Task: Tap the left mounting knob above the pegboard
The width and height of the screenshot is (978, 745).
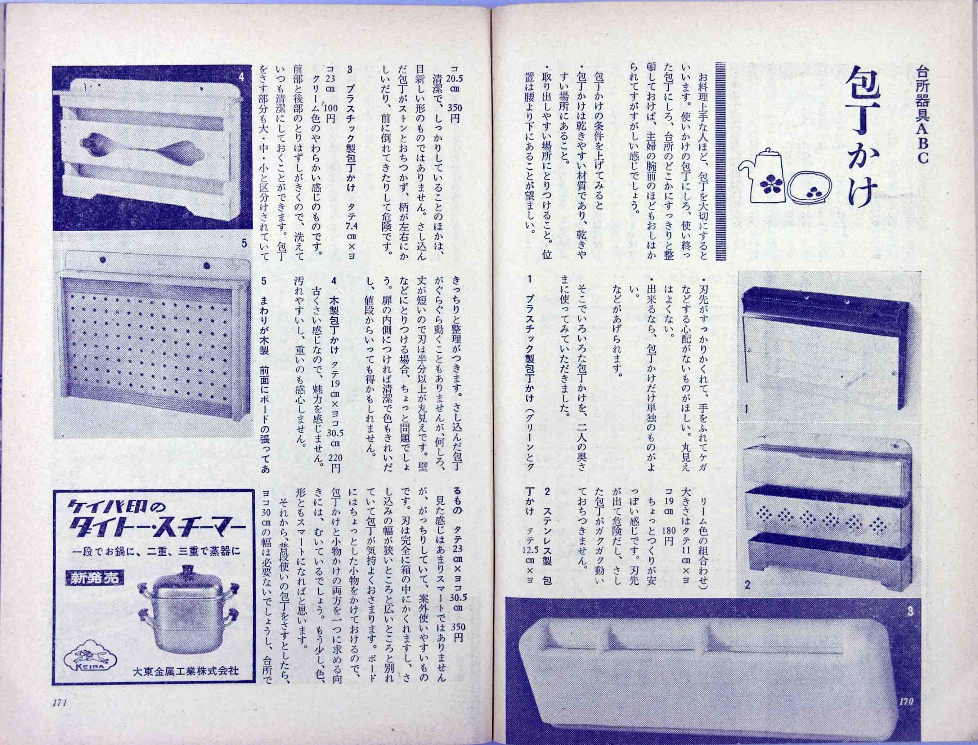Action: pos(102,260)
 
